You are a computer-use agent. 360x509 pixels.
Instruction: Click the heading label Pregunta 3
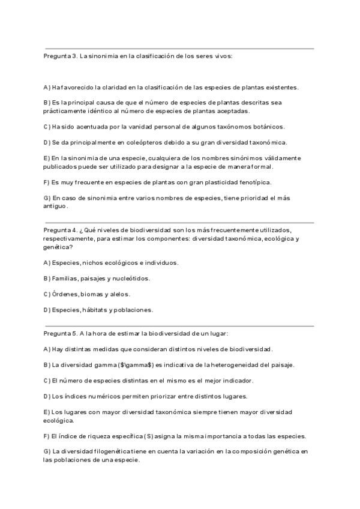[60, 56]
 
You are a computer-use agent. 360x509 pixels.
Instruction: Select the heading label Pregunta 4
[60, 230]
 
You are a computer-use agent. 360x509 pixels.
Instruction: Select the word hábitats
[94, 310]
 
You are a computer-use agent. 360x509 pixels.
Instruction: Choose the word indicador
[236, 380]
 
